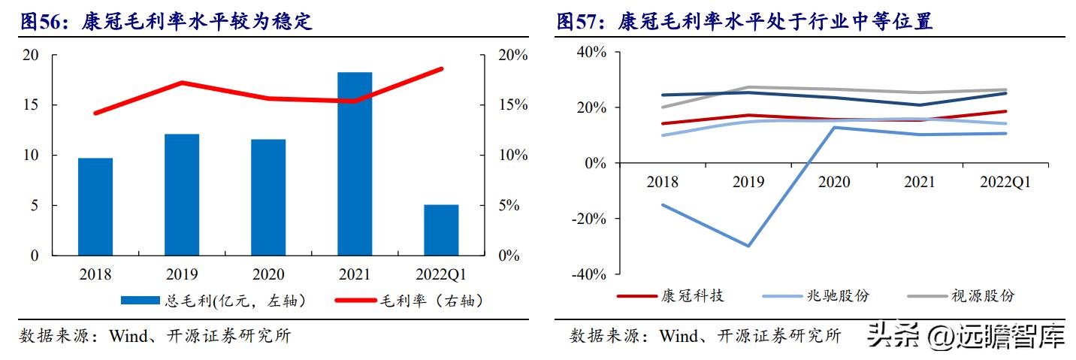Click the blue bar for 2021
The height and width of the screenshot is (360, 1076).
click(355, 164)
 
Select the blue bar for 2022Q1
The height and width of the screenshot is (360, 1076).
click(441, 230)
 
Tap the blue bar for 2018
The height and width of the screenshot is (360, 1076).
click(95, 207)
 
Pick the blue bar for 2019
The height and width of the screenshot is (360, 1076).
click(182, 195)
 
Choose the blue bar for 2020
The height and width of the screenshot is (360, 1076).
click(268, 197)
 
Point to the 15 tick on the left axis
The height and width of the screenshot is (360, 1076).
click(31, 105)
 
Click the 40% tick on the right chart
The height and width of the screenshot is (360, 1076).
click(592, 52)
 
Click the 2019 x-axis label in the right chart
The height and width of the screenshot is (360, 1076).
click(748, 183)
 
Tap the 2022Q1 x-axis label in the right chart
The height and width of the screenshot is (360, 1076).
click(1005, 183)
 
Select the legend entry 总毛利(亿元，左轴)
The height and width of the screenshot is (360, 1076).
click(213, 301)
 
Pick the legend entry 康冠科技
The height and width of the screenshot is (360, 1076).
click(670, 296)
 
